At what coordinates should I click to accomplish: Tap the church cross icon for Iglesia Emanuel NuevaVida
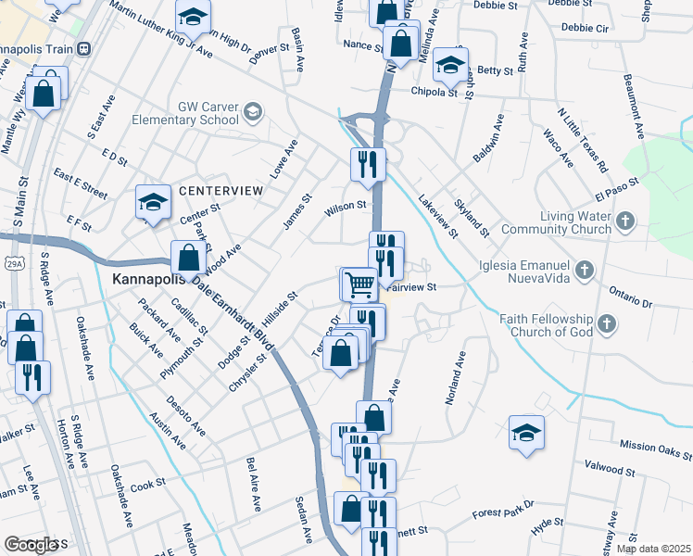pyautogui.click(x=584, y=271)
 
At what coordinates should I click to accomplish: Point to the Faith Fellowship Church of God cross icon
pyautogui.click(x=606, y=323)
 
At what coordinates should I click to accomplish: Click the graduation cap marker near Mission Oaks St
pyautogui.click(x=526, y=432)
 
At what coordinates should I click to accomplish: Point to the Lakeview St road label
pyautogui.click(x=437, y=215)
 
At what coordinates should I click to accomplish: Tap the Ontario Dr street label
pyautogui.click(x=630, y=297)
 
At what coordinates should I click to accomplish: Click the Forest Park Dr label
pyautogui.click(x=503, y=510)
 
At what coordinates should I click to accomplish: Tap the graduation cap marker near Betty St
pyautogui.click(x=449, y=64)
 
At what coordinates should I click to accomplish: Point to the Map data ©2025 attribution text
pyautogui.click(x=653, y=549)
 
